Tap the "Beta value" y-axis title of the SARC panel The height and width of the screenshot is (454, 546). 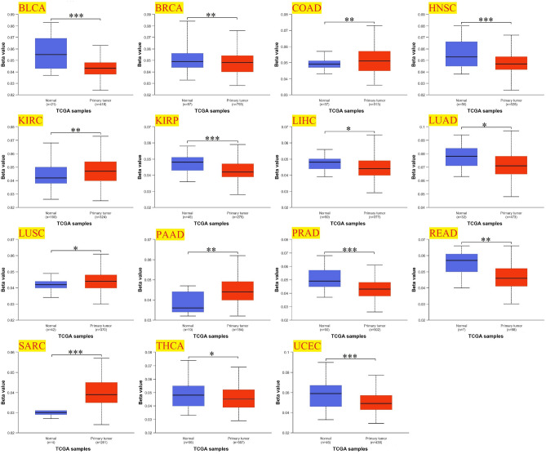click(7, 391)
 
